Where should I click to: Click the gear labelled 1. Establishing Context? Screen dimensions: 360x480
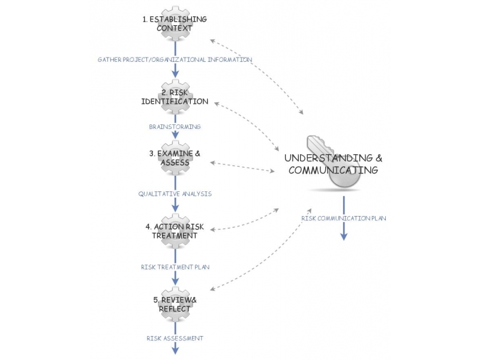175,24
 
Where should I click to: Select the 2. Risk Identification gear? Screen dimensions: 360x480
175,97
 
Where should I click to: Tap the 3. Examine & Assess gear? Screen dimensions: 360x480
175,158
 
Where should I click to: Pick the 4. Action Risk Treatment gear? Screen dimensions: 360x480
175,231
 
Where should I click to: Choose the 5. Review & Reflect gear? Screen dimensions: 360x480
175,304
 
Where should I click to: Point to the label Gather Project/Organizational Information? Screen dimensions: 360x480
175,59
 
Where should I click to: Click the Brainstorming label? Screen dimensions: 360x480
175,127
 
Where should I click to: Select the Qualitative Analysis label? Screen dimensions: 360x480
175,194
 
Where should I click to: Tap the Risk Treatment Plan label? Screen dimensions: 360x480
175,266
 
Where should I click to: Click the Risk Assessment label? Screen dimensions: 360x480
175,338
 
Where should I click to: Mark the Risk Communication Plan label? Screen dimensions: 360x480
344,218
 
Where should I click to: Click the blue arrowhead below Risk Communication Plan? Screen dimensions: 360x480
344,236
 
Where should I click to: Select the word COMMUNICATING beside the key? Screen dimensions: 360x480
333,170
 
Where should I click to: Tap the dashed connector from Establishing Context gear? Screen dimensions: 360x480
258,75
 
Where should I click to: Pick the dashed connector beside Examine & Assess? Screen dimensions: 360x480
243,167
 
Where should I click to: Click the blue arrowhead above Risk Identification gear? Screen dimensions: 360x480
175,73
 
